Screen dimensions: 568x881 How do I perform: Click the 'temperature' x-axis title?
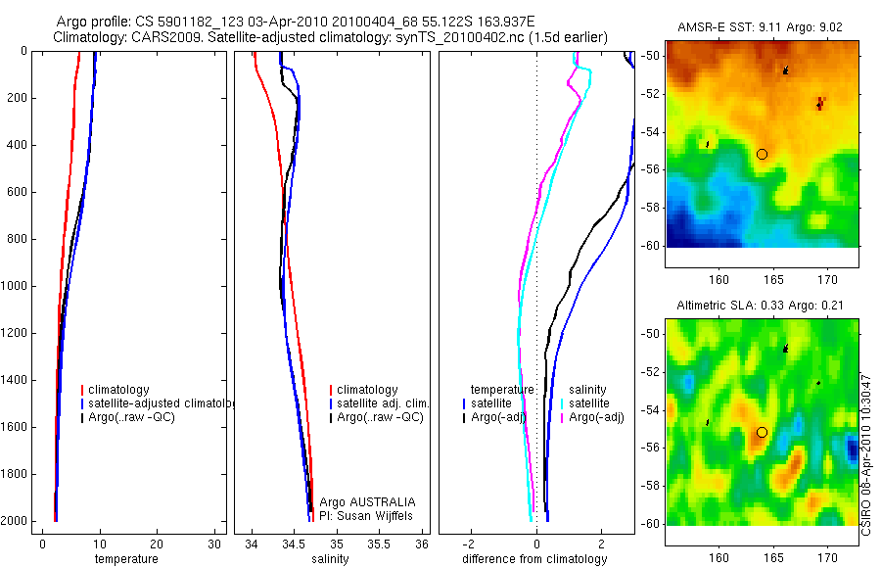point(126,559)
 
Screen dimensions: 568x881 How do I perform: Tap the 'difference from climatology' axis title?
point(534,559)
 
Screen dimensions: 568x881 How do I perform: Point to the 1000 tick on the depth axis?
point(15,286)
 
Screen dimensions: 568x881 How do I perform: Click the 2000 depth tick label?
point(15,521)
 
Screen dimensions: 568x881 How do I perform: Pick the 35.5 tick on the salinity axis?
point(379,544)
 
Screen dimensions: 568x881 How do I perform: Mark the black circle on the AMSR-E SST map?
point(762,154)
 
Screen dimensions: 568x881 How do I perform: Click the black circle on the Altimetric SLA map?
point(762,432)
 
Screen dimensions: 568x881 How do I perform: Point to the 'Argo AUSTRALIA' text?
point(360,501)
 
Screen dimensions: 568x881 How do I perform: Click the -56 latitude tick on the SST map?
point(651,168)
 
